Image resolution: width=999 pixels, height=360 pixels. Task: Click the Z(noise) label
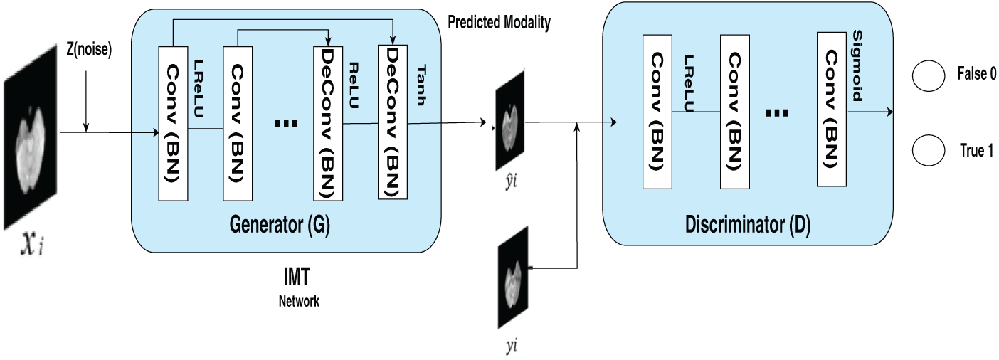pos(89,49)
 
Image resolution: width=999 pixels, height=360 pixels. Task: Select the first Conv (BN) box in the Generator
pos(173,123)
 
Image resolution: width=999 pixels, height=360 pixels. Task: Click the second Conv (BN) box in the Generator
pos(238,123)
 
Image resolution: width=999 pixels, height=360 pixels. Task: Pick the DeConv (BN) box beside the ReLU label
pos(328,123)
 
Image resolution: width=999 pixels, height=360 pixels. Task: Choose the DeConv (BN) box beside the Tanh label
pos(393,122)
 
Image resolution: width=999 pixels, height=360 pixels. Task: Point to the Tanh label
pos(421,85)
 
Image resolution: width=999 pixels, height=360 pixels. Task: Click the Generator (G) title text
pos(280,224)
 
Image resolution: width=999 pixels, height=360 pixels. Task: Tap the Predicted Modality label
pos(499,22)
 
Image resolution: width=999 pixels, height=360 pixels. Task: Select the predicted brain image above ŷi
pos(510,120)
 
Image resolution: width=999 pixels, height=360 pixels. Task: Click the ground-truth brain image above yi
pos(513,277)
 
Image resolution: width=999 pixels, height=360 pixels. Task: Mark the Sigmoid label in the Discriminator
pos(857,65)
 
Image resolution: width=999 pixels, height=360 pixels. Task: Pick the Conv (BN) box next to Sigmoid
pos(832,109)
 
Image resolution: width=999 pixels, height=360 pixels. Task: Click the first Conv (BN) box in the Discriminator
pos(657,112)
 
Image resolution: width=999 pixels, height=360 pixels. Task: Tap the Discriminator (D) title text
pos(748,224)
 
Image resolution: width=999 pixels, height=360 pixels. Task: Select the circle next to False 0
pos(928,75)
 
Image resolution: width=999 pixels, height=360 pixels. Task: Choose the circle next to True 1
pos(928,150)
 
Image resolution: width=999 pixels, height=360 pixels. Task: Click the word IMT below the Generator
pos(297,277)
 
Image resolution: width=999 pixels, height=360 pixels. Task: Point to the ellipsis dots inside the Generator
pos(286,123)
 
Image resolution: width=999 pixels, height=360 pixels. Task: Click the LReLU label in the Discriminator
pos(689,83)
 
